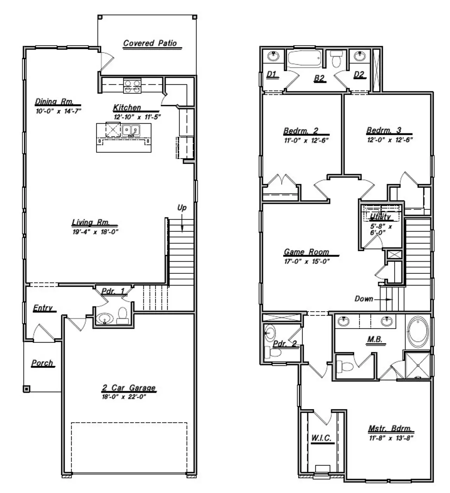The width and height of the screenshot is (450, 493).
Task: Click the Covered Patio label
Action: click(x=150, y=43)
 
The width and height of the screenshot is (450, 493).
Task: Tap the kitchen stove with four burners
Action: click(x=132, y=86)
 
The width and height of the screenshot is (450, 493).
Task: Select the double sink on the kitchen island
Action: click(x=131, y=130)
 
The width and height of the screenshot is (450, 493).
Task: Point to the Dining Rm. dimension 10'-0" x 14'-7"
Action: click(x=58, y=111)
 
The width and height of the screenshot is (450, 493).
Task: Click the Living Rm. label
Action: click(x=91, y=222)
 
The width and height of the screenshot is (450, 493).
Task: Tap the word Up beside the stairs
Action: click(x=182, y=208)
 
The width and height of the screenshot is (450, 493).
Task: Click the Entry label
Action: click(x=43, y=308)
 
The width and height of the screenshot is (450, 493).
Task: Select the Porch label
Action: click(x=43, y=363)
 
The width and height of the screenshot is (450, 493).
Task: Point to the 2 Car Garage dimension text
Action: click(x=124, y=397)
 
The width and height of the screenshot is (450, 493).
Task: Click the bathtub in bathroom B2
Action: click(x=304, y=58)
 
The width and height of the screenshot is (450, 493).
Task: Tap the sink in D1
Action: click(x=273, y=56)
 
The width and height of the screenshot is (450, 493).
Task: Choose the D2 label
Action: click(x=359, y=74)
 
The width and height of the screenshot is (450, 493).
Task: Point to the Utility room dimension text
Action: click(x=381, y=229)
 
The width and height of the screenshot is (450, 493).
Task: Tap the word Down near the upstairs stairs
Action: click(x=364, y=299)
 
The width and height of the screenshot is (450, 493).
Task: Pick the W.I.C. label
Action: click(x=321, y=438)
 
